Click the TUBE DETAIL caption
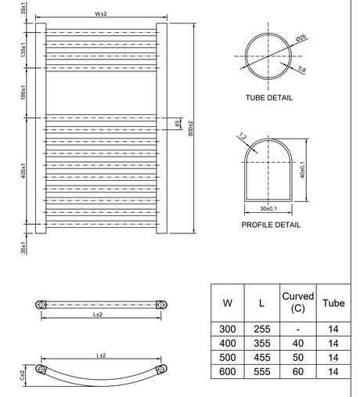click(x=269, y=98)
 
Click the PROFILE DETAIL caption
click(x=271, y=225)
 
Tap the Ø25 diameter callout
click(x=301, y=38)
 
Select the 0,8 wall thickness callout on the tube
click(x=301, y=69)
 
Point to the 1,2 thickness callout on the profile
click(x=243, y=136)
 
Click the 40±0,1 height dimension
click(x=302, y=170)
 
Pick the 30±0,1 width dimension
click(x=268, y=208)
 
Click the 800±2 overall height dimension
click(x=190, y=128)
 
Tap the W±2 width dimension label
click(x=101, y=14)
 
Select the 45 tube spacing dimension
click(x=178, y=124)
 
